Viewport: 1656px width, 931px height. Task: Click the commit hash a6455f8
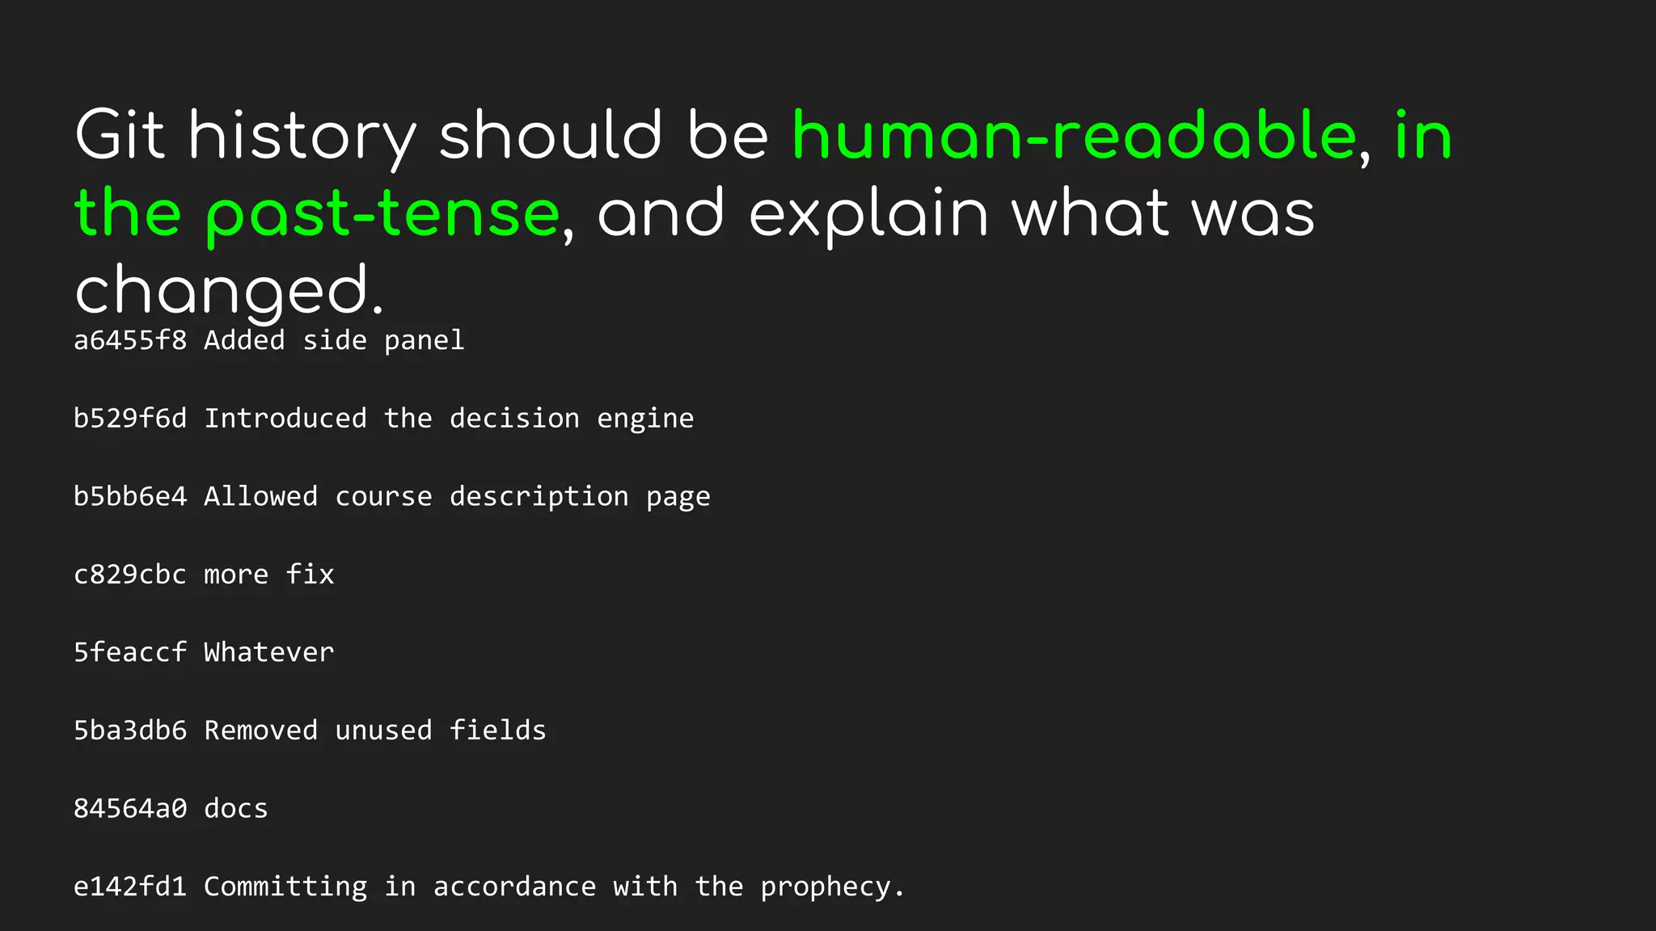(130, 340)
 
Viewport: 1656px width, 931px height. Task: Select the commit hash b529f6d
(130, 419)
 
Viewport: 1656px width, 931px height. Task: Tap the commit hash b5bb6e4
(130, 496)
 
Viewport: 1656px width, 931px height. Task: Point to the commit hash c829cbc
(130, 575)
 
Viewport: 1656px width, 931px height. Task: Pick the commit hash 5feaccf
(130, 652)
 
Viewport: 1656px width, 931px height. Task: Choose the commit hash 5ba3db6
(130, 731)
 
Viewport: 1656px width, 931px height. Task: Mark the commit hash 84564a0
(130, 808)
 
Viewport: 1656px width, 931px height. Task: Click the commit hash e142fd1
(130, 887)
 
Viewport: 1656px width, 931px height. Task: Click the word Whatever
(268, 652)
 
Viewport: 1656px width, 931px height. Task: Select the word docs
(235, 808)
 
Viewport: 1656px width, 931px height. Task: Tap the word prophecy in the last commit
(824, 887)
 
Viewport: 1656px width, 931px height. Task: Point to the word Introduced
(285, 419)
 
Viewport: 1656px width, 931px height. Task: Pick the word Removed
(260, 731)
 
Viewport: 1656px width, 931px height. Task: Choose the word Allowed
(260, 496)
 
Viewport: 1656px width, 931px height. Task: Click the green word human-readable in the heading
(1074, 136)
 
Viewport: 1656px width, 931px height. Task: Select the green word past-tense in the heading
(382, 214)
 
